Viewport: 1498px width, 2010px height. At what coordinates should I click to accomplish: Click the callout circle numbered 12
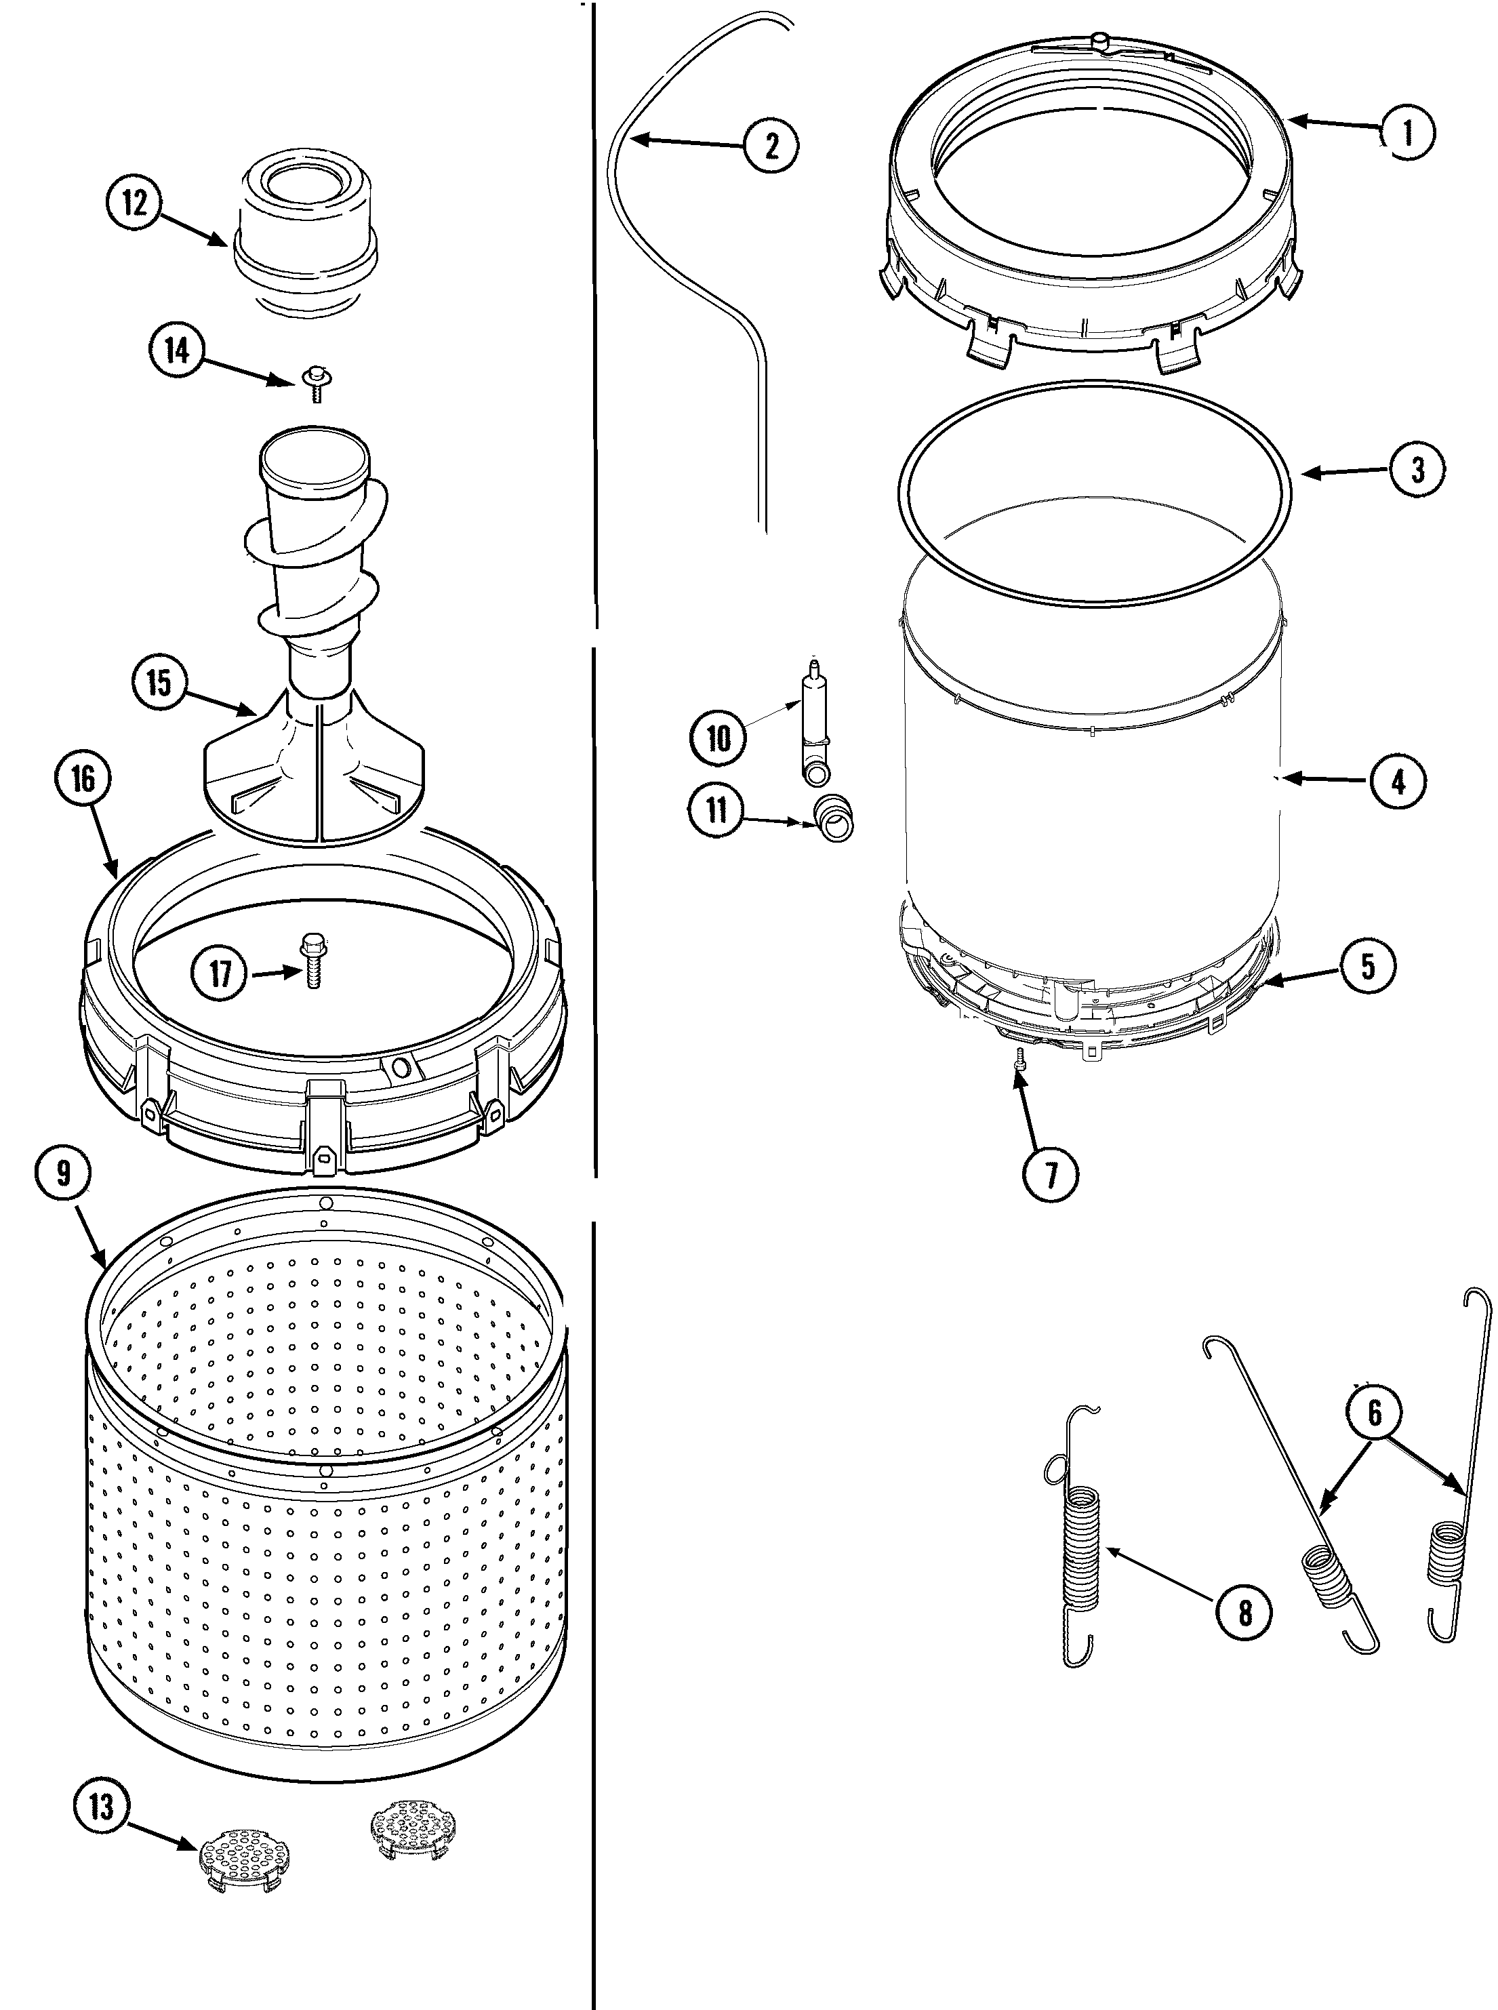tap(135, 203)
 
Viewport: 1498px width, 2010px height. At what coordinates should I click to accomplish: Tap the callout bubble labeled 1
tap(1407, 134)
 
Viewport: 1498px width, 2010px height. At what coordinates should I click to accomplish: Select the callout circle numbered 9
tap(62, 1174)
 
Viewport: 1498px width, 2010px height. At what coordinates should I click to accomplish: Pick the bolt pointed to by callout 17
tap(313, 969)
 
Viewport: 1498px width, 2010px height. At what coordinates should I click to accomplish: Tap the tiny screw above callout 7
tap(1019, 1059)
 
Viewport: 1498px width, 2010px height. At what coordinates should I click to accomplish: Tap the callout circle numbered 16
tap(83, 778)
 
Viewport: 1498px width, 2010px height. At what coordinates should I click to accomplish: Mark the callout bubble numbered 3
tap(1417, 470)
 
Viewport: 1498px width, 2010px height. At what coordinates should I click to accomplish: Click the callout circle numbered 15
tap(159, 683)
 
